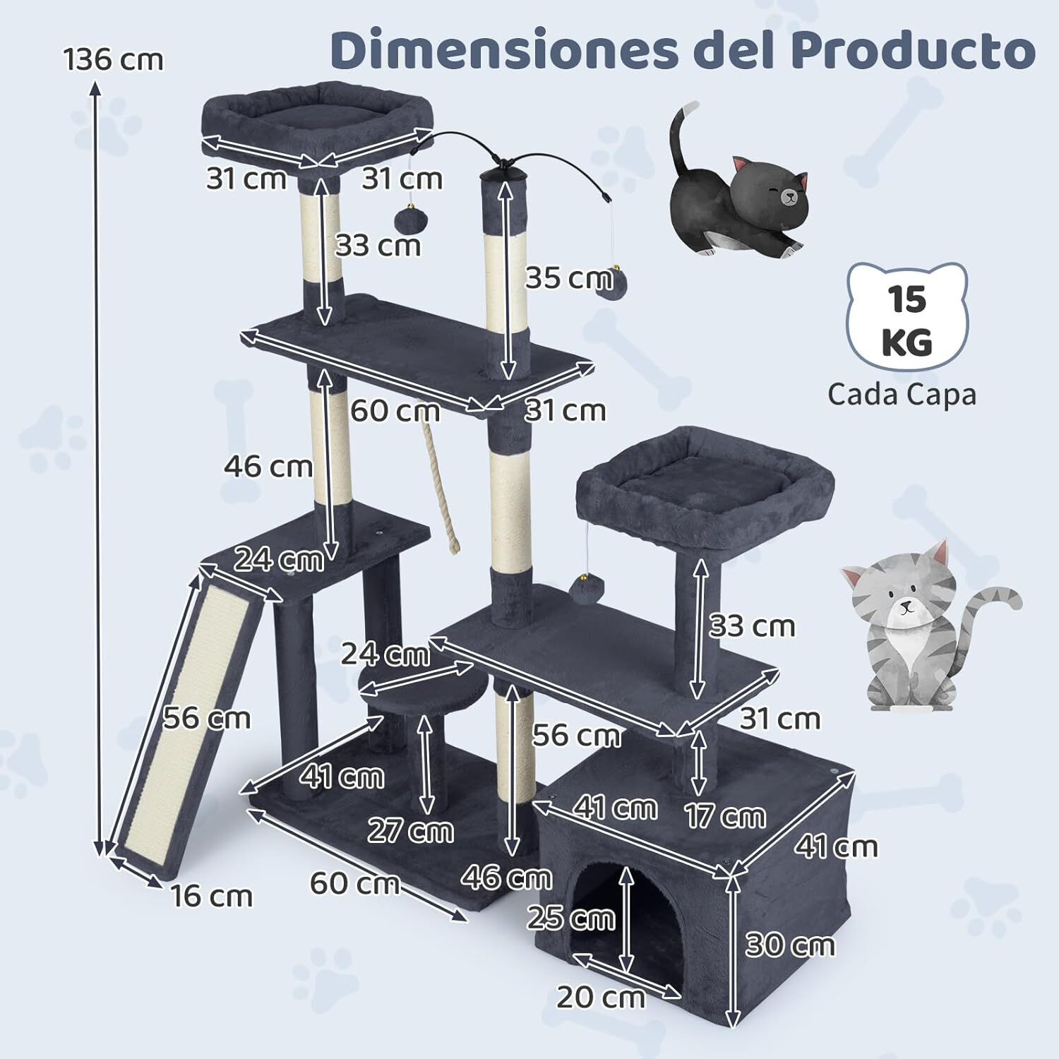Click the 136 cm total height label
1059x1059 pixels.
click(113, 59)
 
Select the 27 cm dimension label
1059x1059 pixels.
click(410, 830)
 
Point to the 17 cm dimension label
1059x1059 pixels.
click(725, 816)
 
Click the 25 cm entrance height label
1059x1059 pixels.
click(571, 918)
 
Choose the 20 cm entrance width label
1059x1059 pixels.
click(600, 998)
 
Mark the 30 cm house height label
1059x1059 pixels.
click(789, 945)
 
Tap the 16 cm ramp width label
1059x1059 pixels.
click(211, 896)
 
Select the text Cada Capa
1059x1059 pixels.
click(902, 394)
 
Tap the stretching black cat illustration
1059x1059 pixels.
click(734, 198)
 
